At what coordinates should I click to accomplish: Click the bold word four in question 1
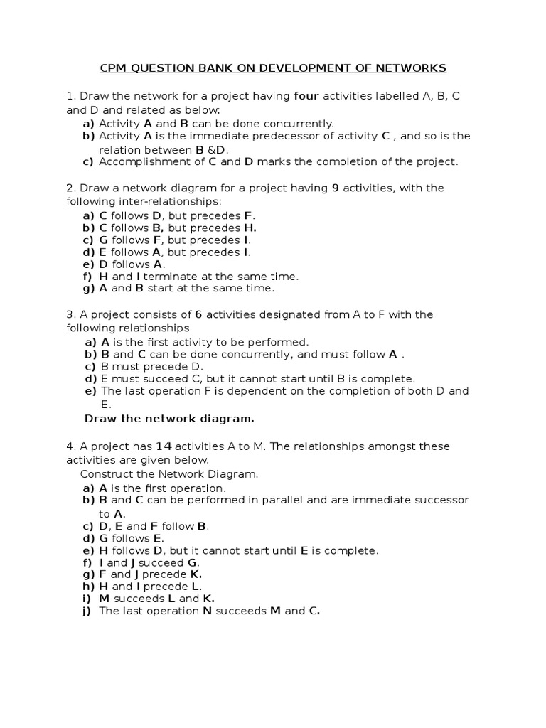coord(306,96)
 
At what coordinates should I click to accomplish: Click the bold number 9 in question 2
coord(336,188)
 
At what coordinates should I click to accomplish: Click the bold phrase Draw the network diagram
coord(169,419)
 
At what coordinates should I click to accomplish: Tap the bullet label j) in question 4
coord(87,611)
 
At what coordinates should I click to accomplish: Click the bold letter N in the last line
coord(208,611)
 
